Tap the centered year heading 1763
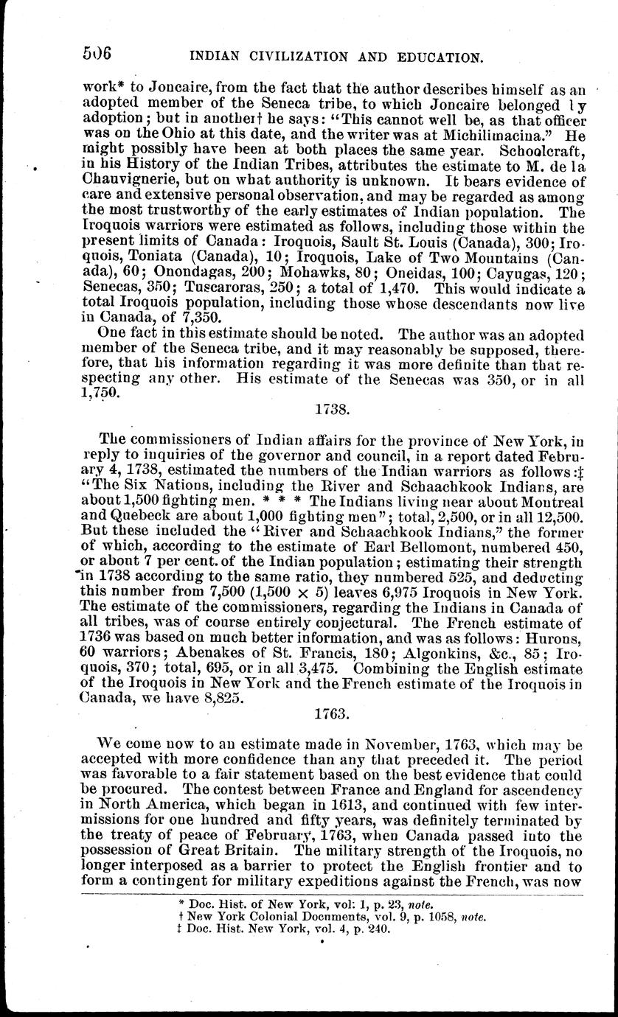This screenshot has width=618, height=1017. click(x=328, y=713)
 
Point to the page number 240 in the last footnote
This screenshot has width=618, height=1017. click(x=373, y=929)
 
